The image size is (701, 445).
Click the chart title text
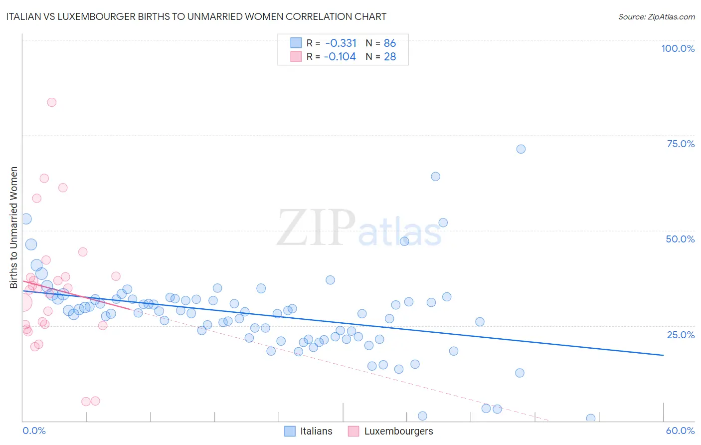196,16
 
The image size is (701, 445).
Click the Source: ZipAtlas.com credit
656,16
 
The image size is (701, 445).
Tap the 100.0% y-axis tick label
678,48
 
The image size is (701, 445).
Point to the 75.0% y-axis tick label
681,144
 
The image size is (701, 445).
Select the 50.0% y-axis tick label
680,239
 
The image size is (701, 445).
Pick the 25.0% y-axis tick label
681,335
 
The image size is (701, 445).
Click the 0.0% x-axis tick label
34,431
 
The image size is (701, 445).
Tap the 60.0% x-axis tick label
680,431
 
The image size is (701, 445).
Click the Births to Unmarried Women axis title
13,227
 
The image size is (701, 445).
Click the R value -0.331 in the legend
341,43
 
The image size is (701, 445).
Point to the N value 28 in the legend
390,56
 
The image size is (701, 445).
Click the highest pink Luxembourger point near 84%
51,102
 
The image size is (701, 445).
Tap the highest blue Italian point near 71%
521,149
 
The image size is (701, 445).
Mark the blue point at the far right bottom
591,418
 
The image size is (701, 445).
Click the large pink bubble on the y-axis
23,302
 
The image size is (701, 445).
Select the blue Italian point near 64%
435,177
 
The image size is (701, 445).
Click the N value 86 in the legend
390,43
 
